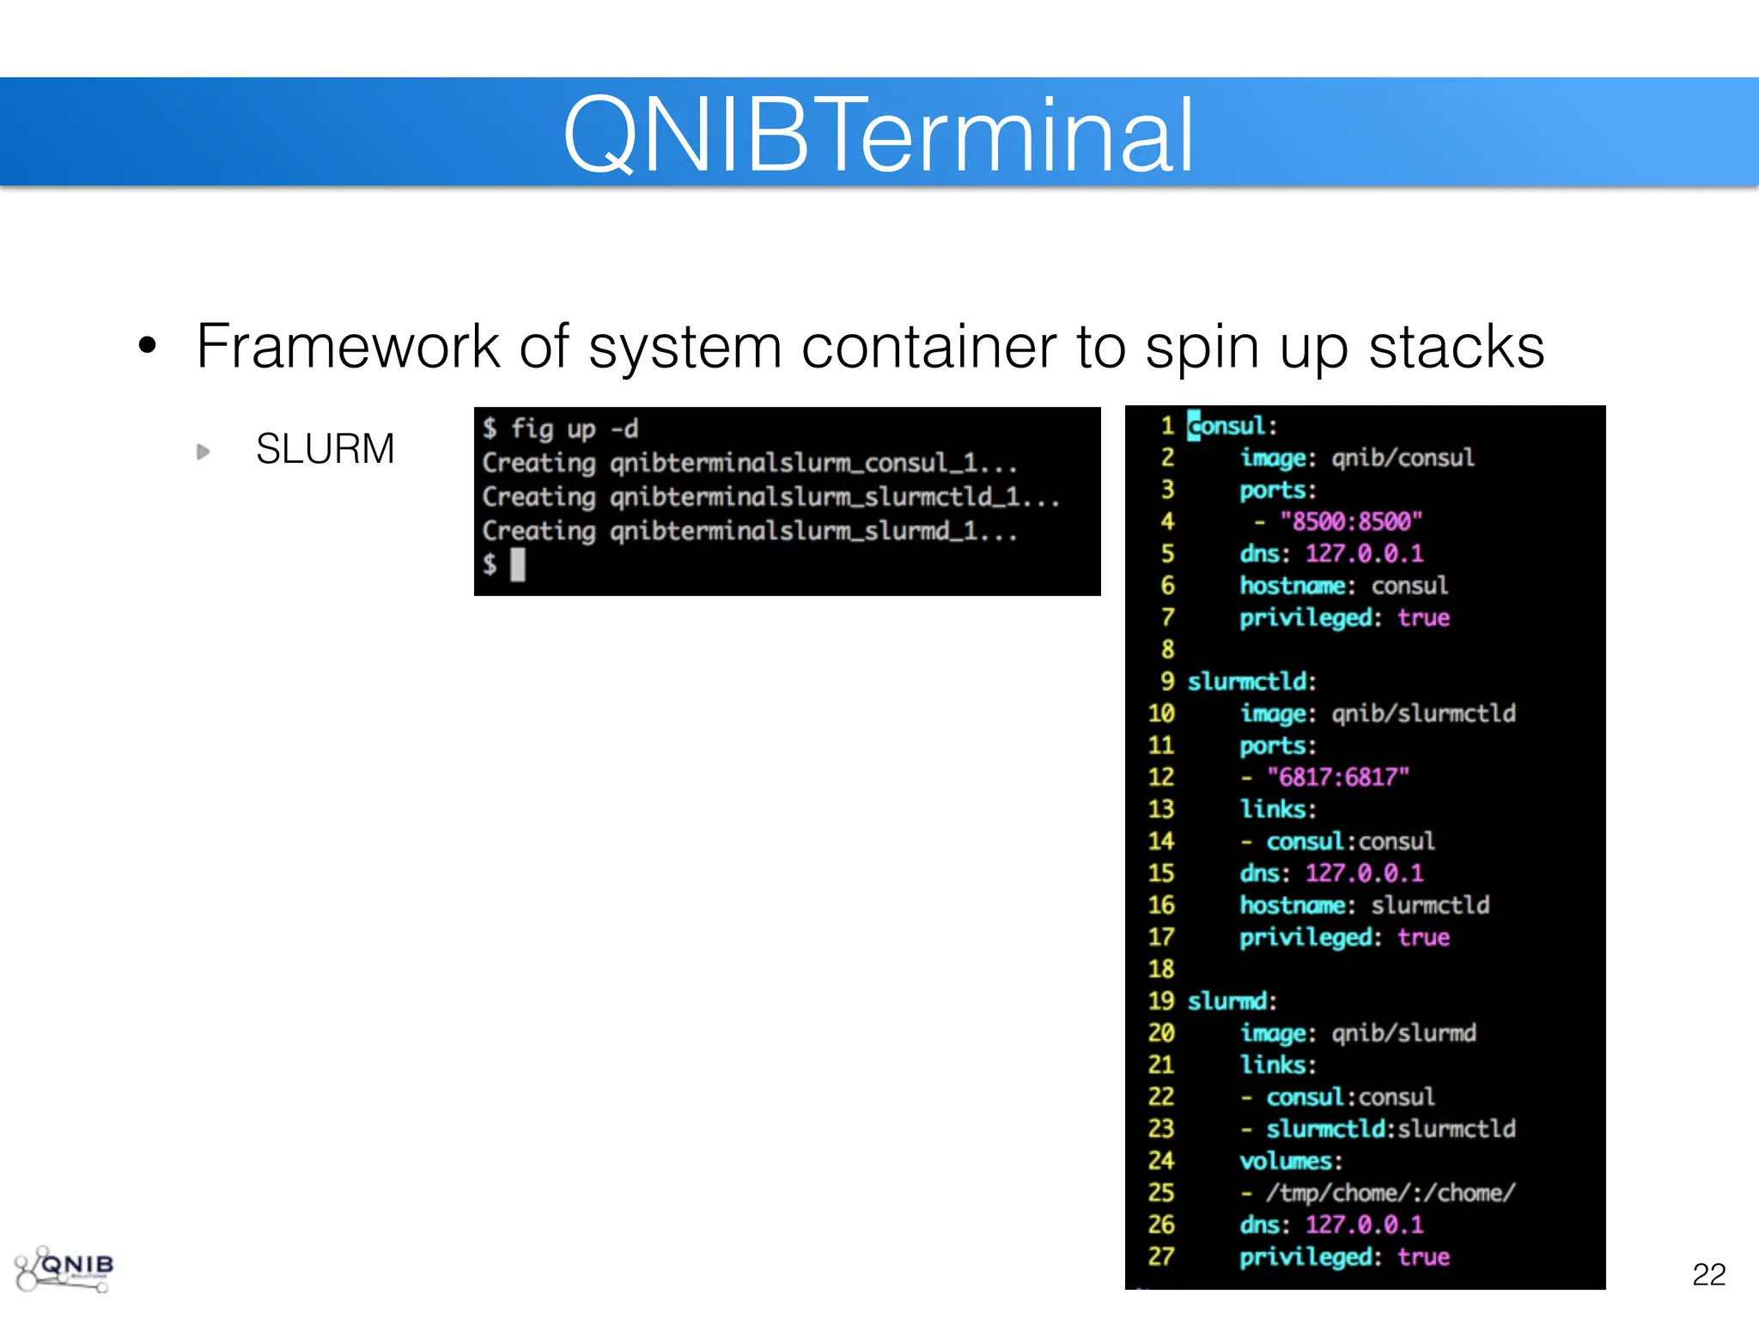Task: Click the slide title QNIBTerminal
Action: point(878,136)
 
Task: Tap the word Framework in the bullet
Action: point(347,347)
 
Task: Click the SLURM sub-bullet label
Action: point(325,449)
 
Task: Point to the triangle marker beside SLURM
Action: point(204,452)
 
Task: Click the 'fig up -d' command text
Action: point(575,429)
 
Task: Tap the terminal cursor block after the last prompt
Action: point(518,565)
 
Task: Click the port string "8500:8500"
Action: point(1351,521)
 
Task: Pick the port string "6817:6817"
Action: point(1338,777)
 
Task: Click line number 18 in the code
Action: point(1161,969)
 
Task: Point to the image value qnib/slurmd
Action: point(1403,1033)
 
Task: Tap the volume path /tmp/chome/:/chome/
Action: point(1391,1193)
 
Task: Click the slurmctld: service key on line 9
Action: point(1251,682)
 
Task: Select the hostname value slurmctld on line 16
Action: point(1430,905)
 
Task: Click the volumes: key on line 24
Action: point(1290,1161)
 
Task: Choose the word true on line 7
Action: point(1423,618)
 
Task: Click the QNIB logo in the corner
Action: point(64,1268)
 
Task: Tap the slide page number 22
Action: point(1708,1274)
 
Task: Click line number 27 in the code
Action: point(1161,1257)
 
